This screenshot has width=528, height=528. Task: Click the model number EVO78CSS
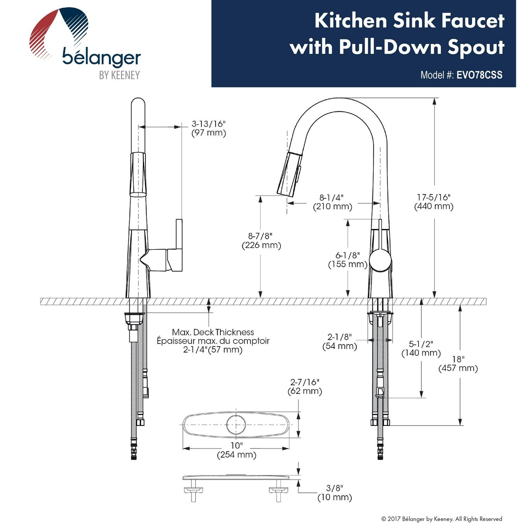[x=479, y=75]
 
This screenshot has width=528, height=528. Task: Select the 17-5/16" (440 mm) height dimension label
[x=434, y=202]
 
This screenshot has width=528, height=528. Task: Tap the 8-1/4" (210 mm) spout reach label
[x=333, y=202]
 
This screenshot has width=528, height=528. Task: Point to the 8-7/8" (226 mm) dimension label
[x=261, y=241]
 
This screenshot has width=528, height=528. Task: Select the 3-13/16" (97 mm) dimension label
[x=209, y=128]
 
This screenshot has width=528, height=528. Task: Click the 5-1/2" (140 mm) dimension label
[x=421, y=348]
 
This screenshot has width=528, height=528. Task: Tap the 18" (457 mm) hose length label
[x=458, y=364]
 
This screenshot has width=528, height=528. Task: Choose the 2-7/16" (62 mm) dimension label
[x=305, y=386]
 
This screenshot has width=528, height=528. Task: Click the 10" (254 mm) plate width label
[x=237, y=450]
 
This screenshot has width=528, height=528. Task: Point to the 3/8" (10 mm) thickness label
[x=334, y=493]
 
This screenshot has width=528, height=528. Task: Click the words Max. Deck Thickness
[x=213, y=332]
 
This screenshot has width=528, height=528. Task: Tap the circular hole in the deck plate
[x=236, y=425]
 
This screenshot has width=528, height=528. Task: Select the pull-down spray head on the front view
[x=290, y=173]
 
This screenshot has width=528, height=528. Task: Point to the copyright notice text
[x=442, y=519]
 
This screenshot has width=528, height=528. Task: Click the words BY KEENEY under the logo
[x=119, y=75]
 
